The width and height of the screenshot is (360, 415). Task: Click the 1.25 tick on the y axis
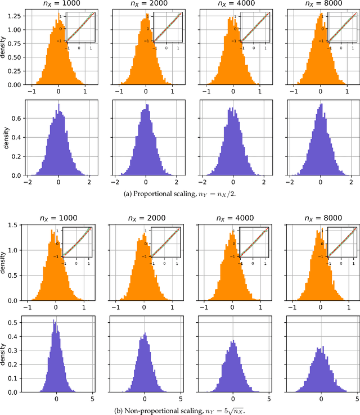(x=15, y=16)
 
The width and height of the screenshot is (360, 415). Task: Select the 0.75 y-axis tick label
(x=15, y=44)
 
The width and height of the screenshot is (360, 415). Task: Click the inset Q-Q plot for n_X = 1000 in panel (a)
(x=81, y=28)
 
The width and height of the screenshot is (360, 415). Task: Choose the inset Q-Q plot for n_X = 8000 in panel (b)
(x=343, y=242)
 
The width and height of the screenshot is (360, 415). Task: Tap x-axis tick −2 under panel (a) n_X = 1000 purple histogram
(x=27, y=182)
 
